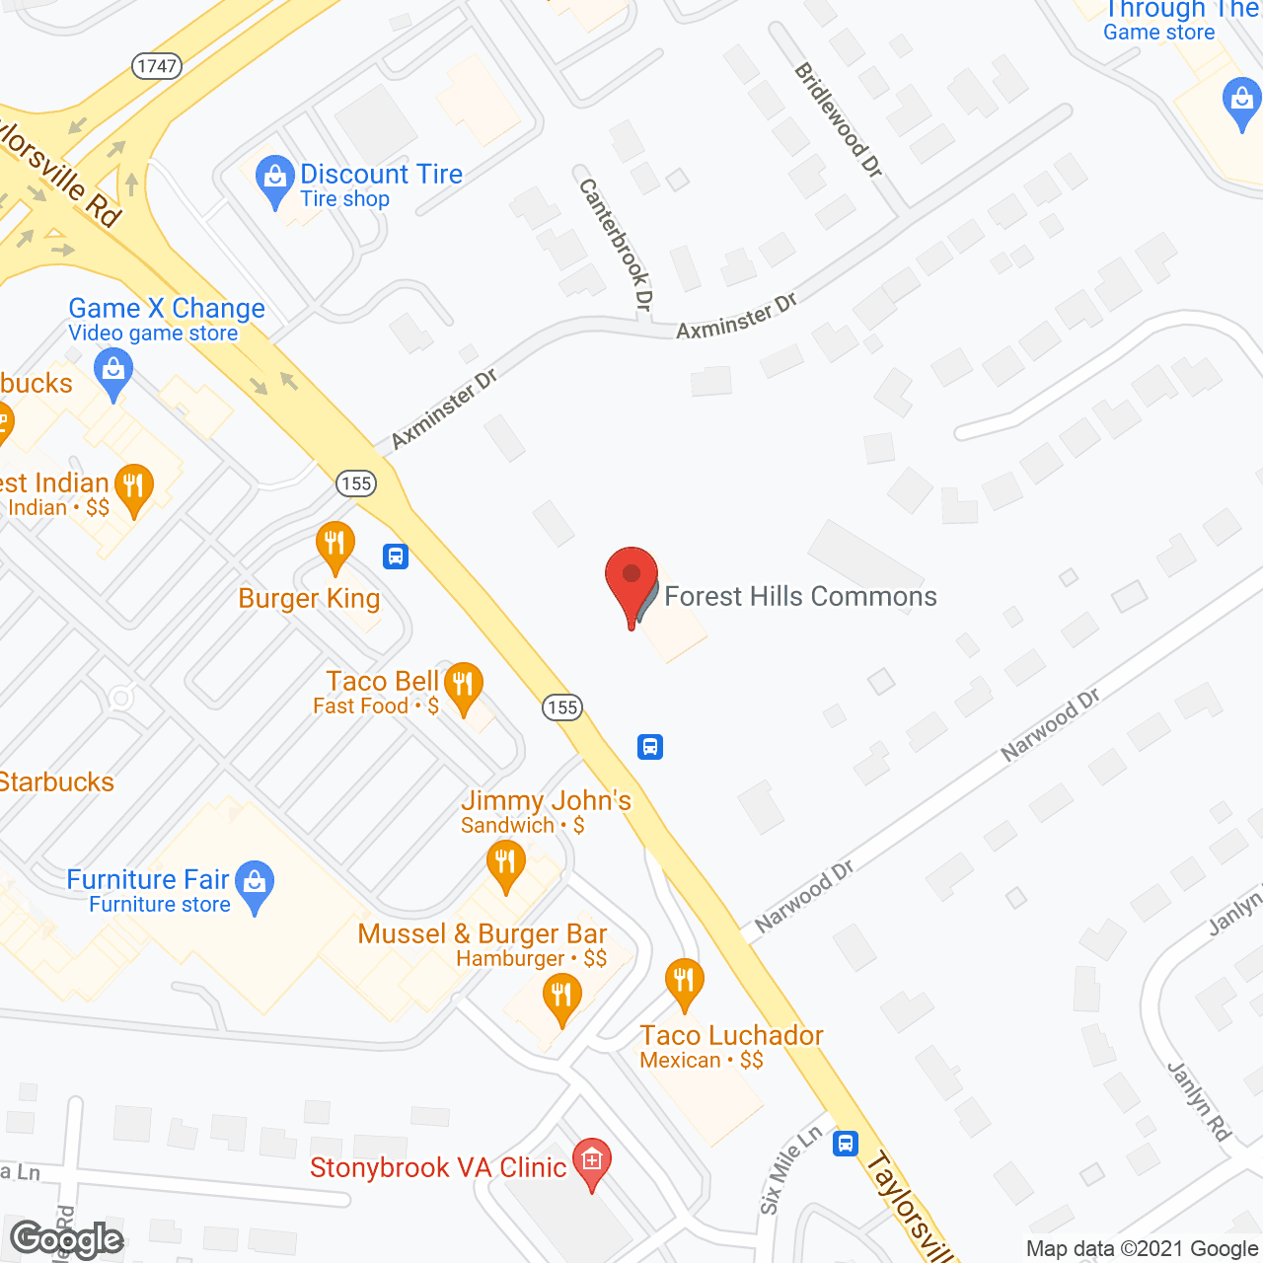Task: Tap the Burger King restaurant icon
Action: [x=334, y=545]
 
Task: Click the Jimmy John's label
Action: [x=546, y=800]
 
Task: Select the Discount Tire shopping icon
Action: [x=274, y=180]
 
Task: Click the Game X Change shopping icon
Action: [x=113, y=373]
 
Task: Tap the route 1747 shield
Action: [x=157, y=66]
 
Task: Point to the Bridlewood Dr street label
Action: [x=838, y=119]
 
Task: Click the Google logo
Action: [x=67, y=1239]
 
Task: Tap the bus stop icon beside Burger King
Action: [x=396, y=557]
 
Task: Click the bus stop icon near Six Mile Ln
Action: [x=846, y=1144]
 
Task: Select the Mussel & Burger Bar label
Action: [x=483, y=933]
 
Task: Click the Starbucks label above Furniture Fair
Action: [x=57, y=782]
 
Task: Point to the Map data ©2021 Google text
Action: [x=1142, y=1249]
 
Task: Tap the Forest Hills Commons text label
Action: [x=800, y=596]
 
